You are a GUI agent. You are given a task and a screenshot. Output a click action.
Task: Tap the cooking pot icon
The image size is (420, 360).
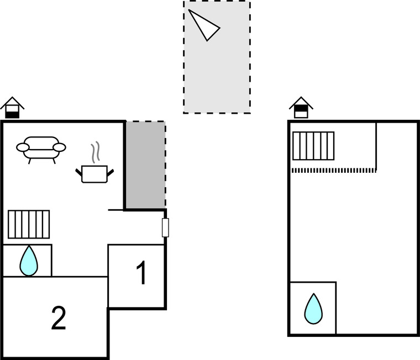pos(95,173)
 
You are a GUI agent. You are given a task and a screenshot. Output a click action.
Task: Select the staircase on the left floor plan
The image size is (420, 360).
pos(29,224)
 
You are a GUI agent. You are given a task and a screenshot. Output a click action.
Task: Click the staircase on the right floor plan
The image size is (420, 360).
pos(313,145)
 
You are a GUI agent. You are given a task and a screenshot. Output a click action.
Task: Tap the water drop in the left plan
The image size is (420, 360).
pos(29,261)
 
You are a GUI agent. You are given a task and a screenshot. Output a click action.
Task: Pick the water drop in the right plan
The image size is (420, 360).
pos(313,309)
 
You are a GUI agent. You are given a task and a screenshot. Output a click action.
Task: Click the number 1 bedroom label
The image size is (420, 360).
pos(141,274)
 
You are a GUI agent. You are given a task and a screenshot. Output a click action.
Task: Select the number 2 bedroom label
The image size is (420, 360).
pos(59,319)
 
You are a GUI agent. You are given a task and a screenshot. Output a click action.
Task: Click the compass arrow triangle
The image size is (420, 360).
pos(203,25)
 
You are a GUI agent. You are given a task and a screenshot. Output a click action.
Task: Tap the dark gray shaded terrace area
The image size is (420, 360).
pos(145,164)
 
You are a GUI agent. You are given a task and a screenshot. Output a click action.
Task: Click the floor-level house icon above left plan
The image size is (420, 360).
pos(12,108)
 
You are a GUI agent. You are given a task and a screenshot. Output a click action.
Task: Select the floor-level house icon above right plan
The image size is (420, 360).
pos(301,108)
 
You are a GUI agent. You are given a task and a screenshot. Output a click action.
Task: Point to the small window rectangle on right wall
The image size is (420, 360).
pos(165,227)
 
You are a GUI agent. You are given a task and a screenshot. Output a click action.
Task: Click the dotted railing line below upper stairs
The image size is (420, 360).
pos(333,170)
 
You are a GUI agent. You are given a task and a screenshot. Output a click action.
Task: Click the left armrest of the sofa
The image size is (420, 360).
pos(23,147)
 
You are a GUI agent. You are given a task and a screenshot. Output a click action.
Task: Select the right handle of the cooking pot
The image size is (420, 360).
pos(112,172)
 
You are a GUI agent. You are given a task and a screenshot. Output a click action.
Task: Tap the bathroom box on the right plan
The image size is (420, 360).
pos(312,308)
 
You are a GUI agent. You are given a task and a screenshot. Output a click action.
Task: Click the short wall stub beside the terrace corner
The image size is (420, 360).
pos(116,210)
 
